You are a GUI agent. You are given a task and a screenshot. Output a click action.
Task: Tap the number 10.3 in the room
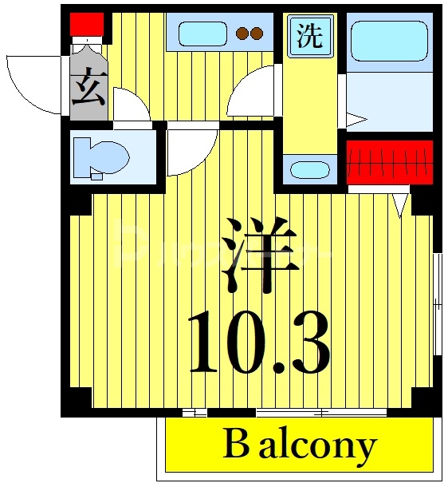pyautogui.click(x=259, y=345)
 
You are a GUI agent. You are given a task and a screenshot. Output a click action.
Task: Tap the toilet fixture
pyautogui.click(x=101, y=155)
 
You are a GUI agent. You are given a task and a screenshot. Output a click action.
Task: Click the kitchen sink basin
pyautogui.click(x=202, y=34)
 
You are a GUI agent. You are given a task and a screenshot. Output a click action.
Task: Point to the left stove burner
pyautogui.click(x=242, y=34)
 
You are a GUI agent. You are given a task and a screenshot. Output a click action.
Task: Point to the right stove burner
pyautogui.click(x=257, y=34)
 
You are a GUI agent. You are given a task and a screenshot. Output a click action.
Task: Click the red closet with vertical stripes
pyautogui.click(x=390, y=162)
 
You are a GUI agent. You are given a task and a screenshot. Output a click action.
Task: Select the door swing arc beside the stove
pyautogui.click(x=250, y=93)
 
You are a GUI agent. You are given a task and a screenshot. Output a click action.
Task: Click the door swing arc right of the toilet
pyautogui.click(x=190, y=150)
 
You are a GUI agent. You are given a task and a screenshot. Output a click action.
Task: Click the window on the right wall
pyautogui.click(x=437, y=303)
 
